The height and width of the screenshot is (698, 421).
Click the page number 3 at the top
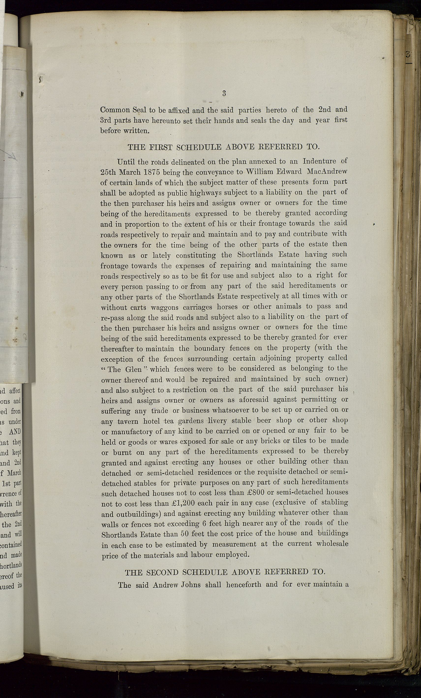(x=224, y=93)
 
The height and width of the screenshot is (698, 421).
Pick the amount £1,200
(x=183, y=503)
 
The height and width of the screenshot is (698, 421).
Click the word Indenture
(x=319, y=161)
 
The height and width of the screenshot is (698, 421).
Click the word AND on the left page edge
(x=15, y=432)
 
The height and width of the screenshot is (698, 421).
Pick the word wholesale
(x=332, y=544)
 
